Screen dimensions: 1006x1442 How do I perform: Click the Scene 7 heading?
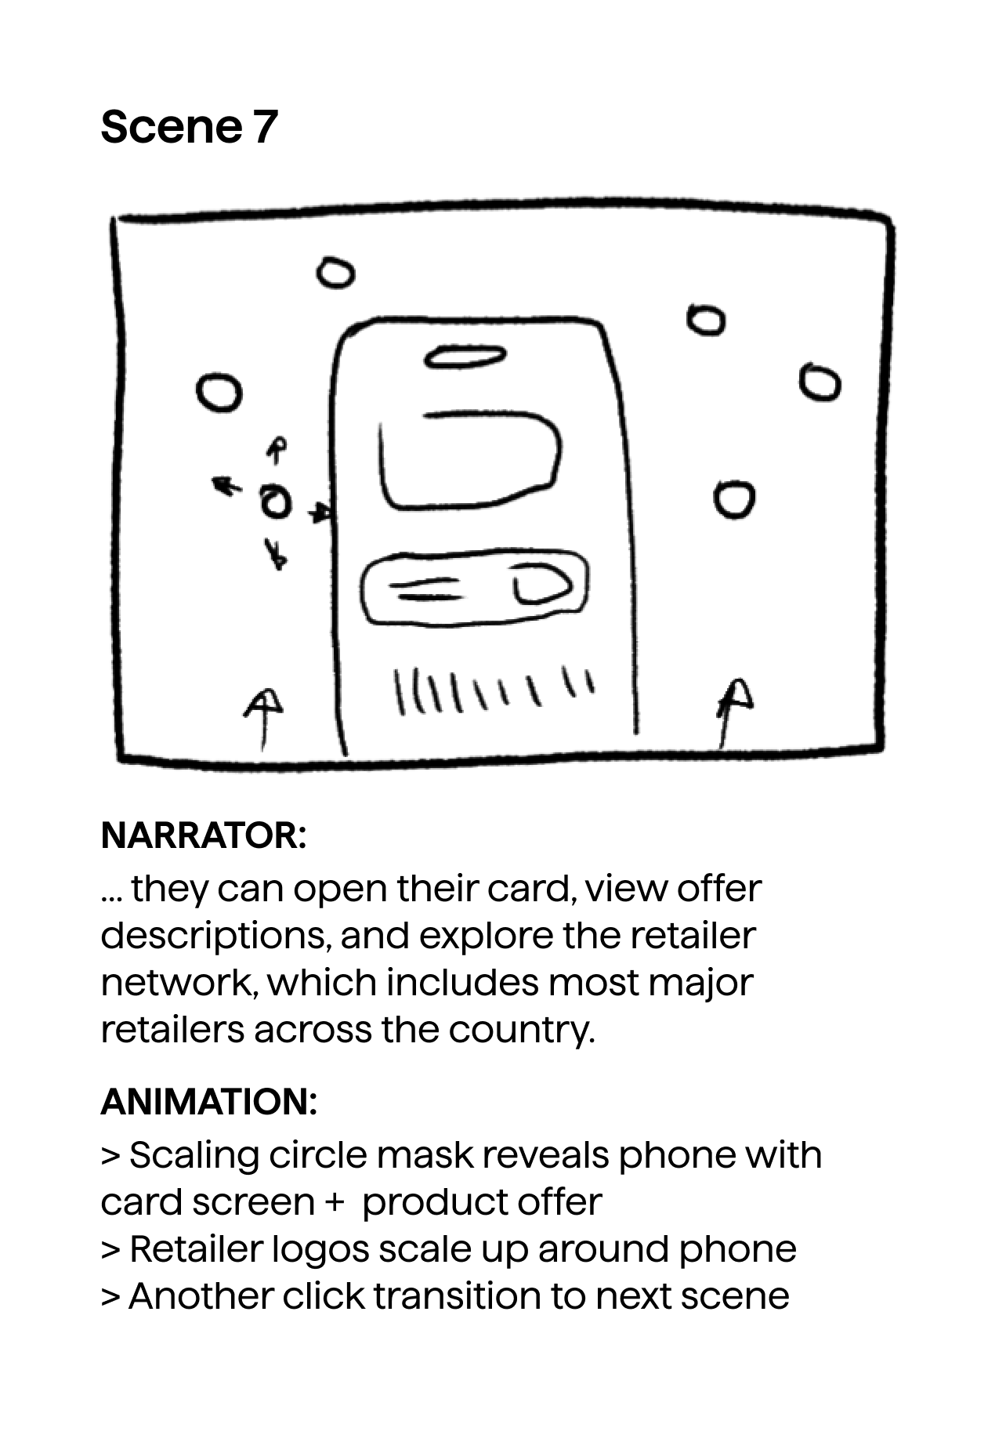189,127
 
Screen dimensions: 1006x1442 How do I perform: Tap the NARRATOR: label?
204,835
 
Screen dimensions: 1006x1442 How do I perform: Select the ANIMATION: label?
209,1102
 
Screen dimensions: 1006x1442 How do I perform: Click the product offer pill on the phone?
474,587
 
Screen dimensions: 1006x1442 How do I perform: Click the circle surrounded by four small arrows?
275,502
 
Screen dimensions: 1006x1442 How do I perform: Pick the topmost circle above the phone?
335,274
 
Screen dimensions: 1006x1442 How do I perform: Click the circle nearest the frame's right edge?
820,382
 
